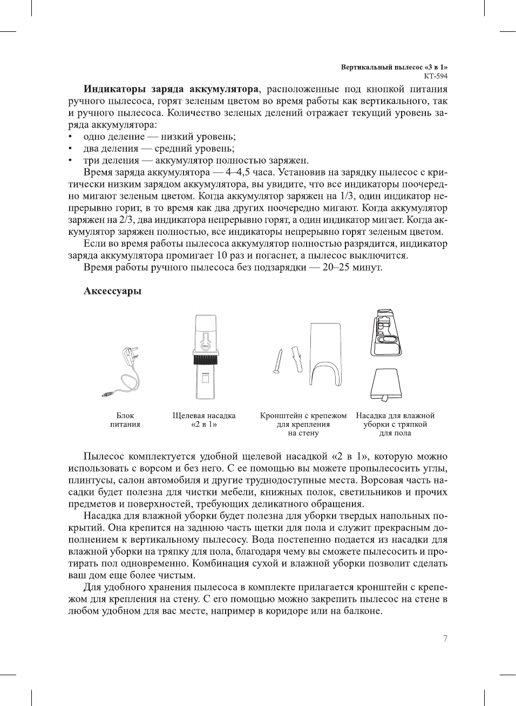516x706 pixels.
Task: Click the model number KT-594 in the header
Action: (436, 76)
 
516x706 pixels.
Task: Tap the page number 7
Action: (445, 638)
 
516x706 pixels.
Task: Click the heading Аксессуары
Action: (112, 291)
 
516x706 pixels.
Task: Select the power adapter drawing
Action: (123, 373)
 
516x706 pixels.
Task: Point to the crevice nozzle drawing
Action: (205, 357)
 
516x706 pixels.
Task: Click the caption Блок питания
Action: (125, 420)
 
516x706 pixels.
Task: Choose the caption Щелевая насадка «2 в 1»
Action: (204, 420)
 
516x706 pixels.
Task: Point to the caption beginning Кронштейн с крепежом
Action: (303, 424)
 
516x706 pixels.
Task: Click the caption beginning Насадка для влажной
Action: (395, 424)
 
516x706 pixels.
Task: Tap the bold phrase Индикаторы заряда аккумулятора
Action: (171, 89)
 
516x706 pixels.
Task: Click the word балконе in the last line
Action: (362, 611)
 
